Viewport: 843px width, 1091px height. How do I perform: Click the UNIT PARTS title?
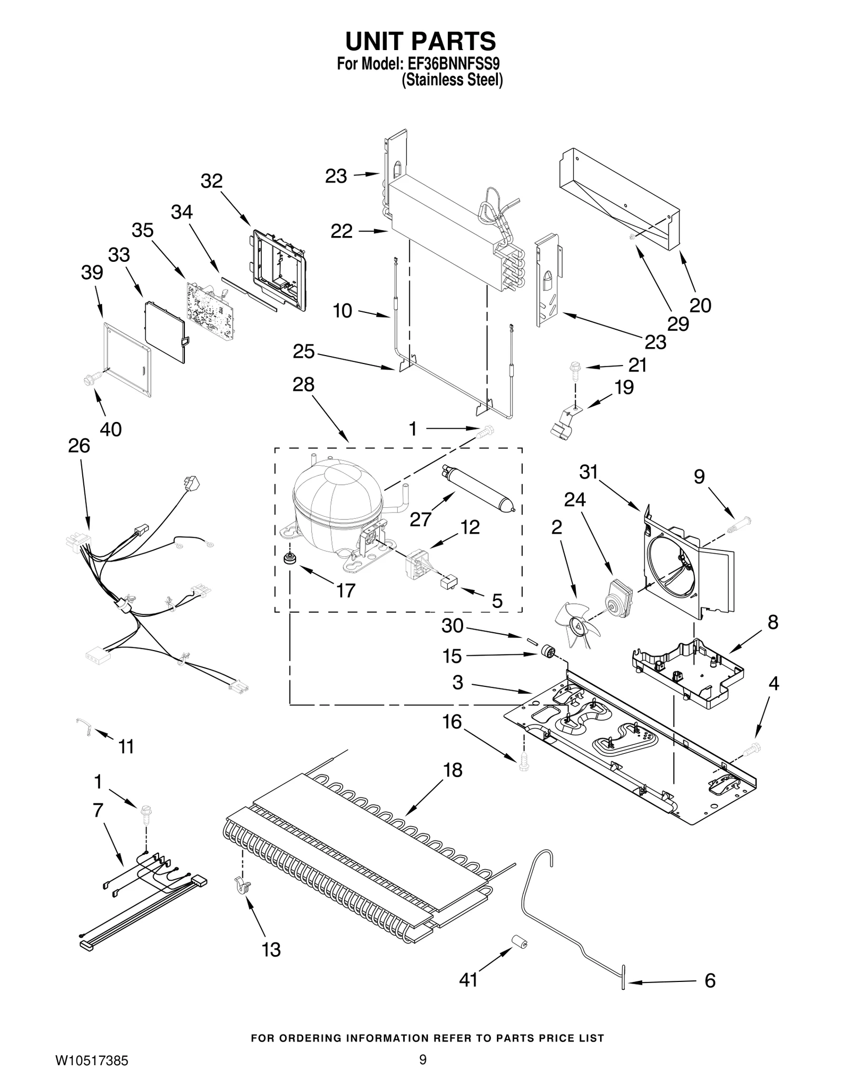tap(420, 41)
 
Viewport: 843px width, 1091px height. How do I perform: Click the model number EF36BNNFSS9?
tap(453, 64)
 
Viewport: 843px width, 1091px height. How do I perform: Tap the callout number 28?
tap(303, 385)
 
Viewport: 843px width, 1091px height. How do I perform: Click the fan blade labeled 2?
tap(576, 625)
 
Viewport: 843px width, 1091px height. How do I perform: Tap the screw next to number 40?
tap(89, 378)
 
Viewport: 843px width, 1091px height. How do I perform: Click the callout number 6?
tap(710, 980)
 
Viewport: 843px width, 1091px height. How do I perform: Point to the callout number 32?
tap(212, 181)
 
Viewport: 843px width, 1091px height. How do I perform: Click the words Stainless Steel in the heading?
tap(452, 80)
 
